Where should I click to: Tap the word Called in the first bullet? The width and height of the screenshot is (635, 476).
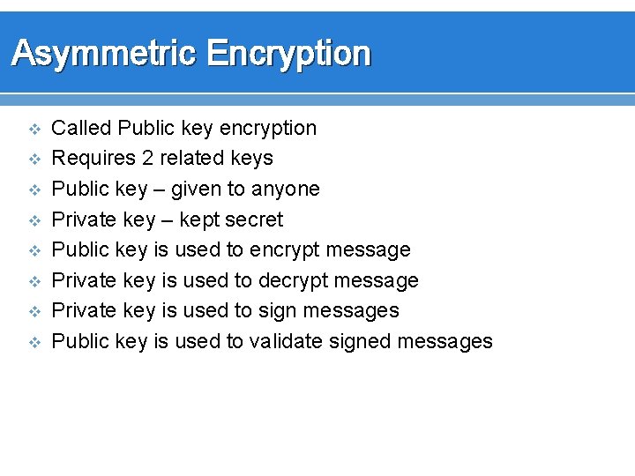pyautogui.click(x=81, y=128)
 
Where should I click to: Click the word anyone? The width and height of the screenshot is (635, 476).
pyautogui.click(x=285, y=189)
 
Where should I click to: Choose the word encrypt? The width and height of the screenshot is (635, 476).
pyautogui.click(x=285, y=250)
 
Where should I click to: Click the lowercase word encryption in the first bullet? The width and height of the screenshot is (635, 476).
pyautogui.click(x=267, y=128)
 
